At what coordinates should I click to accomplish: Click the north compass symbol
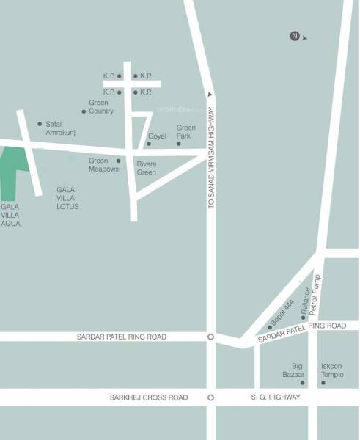pos(295,36)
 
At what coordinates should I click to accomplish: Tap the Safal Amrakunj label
pos(61,128)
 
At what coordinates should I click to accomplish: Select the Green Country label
pos(101,107)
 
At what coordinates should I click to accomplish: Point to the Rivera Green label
pos(147,169)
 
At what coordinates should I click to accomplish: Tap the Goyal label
pos(158,137)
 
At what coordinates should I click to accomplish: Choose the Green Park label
pos(185,131)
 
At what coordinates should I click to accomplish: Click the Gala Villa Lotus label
pos(67,198)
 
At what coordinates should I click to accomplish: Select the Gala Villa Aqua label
pos(11,215)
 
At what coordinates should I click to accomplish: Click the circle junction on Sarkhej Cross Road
pos(210,397)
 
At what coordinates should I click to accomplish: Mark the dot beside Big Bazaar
pos(302,382)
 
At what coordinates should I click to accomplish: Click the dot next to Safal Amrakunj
pos(40,124)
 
